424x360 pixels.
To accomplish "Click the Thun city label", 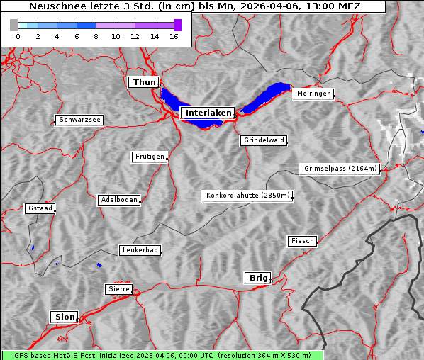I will (143, 83).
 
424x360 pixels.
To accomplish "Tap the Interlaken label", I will (207, 113).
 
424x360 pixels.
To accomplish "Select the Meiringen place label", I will (313, 94).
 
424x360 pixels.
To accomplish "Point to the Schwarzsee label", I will (79, 120).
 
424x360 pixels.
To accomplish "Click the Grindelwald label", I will (264, 140).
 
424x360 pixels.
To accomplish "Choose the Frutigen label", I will (149, 157).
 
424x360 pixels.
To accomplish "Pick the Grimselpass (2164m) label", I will (340, 169).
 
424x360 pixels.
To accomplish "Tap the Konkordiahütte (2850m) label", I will (247, 196).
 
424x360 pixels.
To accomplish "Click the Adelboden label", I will (118, 200).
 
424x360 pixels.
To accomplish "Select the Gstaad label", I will (40, 208).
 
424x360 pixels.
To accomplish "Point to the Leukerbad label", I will (140, 250).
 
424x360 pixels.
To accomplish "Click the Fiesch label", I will (302, 241).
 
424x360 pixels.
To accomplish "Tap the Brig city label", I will (257, 278).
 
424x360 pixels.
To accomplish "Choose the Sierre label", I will (118, 289).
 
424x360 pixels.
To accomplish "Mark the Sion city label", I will (64, 317).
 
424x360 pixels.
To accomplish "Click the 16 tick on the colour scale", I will (174, 36).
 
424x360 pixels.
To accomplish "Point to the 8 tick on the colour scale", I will (96, 36).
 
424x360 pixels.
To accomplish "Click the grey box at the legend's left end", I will (14, 25).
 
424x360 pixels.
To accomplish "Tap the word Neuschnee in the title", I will (53, 7).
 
